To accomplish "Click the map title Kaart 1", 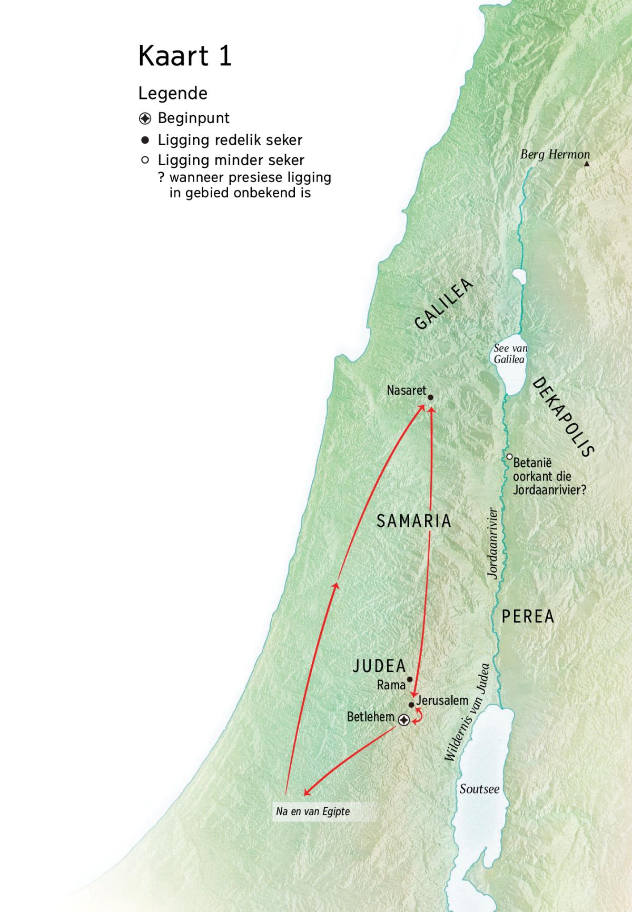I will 185,56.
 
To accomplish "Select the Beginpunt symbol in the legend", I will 145,118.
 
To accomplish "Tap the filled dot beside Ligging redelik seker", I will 145,141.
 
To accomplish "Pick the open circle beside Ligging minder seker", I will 145,160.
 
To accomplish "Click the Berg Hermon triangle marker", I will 587,164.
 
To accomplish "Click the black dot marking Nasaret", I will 430,398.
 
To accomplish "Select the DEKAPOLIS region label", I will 563,417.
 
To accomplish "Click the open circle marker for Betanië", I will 509,457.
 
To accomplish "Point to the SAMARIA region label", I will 414,521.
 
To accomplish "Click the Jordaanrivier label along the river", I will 492,544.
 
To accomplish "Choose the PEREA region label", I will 528,616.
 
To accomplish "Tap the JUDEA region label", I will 379,666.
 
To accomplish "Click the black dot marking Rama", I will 410,679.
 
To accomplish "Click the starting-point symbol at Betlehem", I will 404,720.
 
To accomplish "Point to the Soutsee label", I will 479,789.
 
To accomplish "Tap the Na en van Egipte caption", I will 313,811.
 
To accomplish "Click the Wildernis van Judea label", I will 467,712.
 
